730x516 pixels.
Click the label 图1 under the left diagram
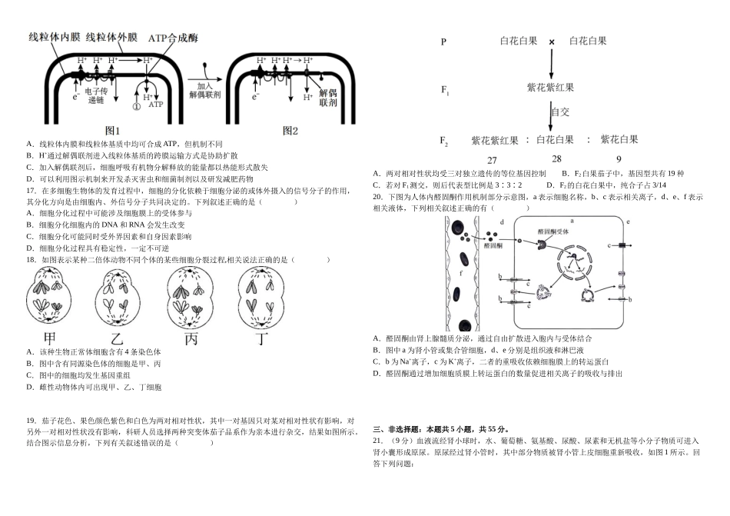coord(112,131)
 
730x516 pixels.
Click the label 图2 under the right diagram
coord(290,131)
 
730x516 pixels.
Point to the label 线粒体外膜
coord(111,37)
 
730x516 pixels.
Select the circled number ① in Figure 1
coord(136,107)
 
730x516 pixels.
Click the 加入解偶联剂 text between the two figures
coord(204,92)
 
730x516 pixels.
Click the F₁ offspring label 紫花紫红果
coord(550,88)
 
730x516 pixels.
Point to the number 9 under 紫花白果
coord(619,159)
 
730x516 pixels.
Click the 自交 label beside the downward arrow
coord(560,112)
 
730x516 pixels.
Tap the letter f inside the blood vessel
coord(460,272)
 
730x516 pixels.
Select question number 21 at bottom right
coord(378,441)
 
